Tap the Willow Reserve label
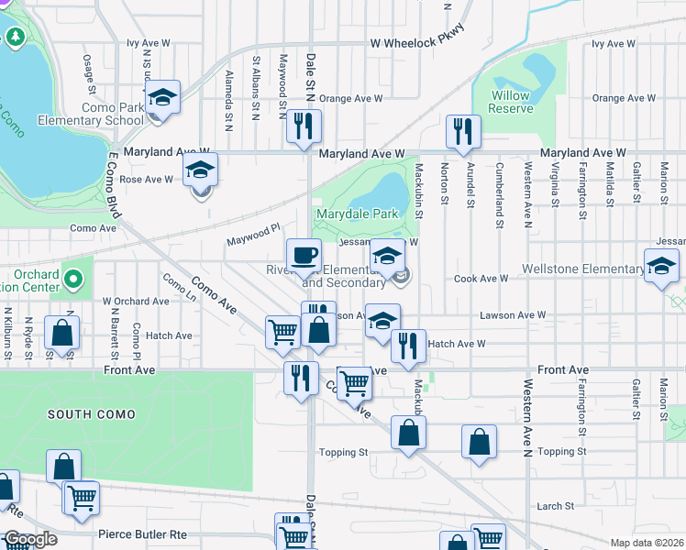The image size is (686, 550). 511,102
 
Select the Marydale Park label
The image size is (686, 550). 357,214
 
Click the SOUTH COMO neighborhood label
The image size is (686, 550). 93,414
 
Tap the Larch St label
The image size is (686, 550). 555,506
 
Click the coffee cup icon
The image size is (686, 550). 304,256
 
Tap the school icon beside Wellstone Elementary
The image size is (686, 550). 660,267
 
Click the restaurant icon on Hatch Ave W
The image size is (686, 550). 408,346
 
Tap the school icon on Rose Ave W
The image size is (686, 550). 201,171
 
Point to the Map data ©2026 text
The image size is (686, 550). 647,543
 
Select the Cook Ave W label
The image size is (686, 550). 481,279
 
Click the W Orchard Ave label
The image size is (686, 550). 136,301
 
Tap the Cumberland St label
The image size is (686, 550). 500,196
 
